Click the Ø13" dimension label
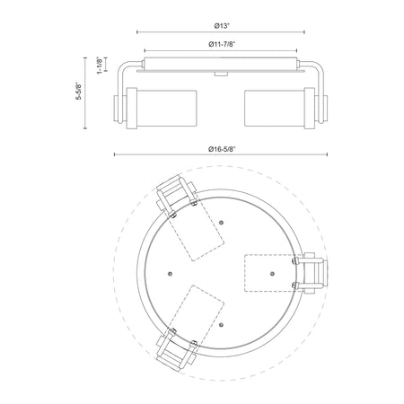click(222, 26)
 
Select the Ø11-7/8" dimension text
click(222, 44)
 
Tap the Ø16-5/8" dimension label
click(222, 149)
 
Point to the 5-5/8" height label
click(78, 91)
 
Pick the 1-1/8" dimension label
click(101, 66)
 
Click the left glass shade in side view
click(167, 108)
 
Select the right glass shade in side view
click(275, 108)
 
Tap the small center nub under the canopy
click(221, 74)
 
